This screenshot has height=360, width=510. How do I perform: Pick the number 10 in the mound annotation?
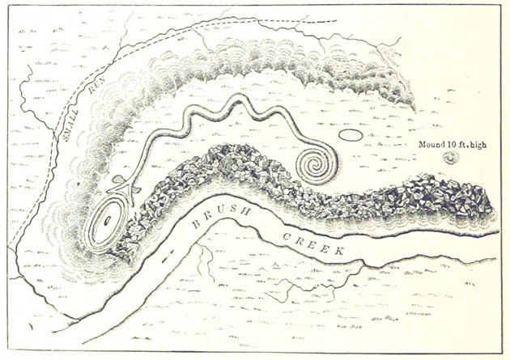pyautogui.click(x=453, y=146)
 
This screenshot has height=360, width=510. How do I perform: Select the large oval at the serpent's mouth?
pyautogui.click(x=107, y=222)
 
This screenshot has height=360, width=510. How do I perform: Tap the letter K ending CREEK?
pyautogui.click(x=339, y=250)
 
